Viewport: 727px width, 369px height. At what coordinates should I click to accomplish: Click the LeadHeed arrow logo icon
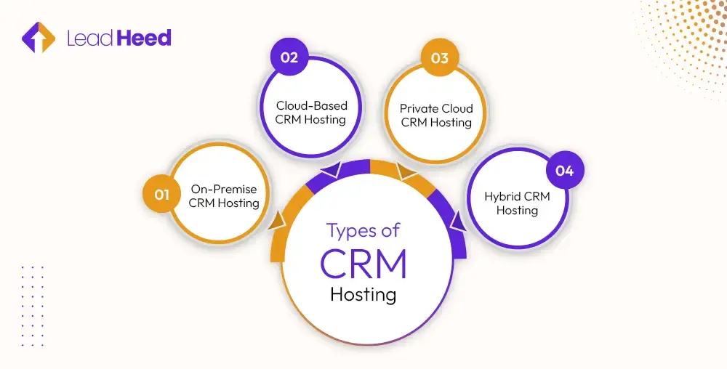click(x=39, y=38)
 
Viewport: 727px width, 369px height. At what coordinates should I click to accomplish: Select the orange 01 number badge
click(x=161, y=195)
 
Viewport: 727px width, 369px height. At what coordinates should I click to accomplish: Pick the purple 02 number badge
click(x=289, y=58)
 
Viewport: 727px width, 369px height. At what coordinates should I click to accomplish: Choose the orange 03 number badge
click(x=439, y=58)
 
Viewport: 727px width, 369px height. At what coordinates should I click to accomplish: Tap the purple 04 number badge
click(x=565, y=171)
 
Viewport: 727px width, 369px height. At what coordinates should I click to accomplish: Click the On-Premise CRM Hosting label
click(x=224, y=196)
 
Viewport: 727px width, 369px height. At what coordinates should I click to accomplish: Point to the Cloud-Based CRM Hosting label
click(x=310, y=112)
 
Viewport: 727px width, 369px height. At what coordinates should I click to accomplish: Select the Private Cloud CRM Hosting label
click(x=436, y=115)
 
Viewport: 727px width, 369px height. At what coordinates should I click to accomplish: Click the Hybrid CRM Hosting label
click(x=517, y=203)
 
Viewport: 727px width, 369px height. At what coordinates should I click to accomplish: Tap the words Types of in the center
click(x=363, y=231)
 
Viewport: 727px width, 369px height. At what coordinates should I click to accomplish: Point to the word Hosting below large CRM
click(x=363, y=295)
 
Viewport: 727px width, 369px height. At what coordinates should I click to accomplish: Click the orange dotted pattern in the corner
click(x=683, y=44)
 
